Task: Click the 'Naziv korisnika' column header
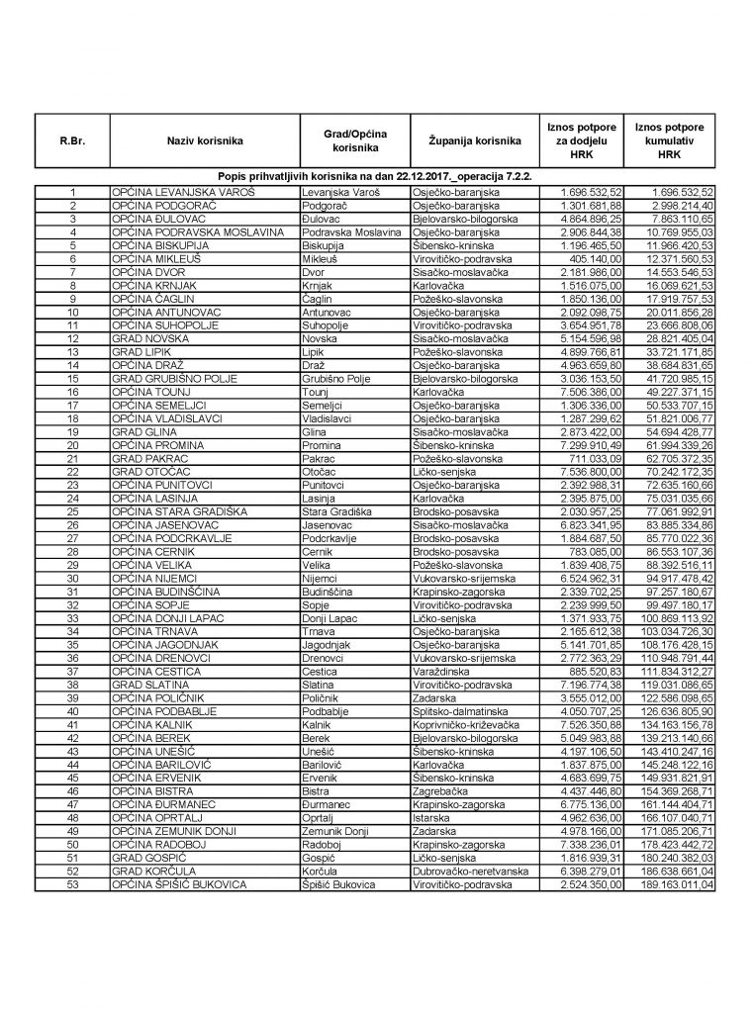tap(205, 141)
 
